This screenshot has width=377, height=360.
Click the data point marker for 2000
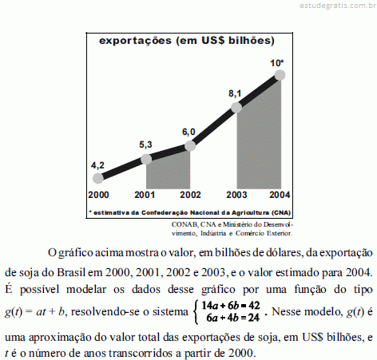[x=98, y=178]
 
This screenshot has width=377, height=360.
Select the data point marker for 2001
[x=146, y=160]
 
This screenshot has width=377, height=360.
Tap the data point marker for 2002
[x=190, y=146]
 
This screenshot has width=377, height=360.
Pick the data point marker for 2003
[x=236, y=108]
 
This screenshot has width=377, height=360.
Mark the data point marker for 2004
[x=280, y=75]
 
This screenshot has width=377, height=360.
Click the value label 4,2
[x=97, y=165]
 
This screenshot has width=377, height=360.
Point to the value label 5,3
[x=145, y=144]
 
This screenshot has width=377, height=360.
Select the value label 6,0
[x=188, y=132]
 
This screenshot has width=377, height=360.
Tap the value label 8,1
[x=235, y=93]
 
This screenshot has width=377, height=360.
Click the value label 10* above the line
[x=277, y=63]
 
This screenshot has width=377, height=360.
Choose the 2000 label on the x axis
[x=98, y=195]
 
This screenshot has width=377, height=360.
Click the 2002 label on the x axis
[x=190, y=195]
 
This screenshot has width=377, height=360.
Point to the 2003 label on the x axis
[x=236, y=195]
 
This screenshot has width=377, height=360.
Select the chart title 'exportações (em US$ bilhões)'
[x=187, y=41]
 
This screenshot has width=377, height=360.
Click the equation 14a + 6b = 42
[x=231, y=306]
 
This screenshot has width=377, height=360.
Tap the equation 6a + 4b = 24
[x=232, y=318]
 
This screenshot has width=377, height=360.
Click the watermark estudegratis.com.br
[x=338, y=6]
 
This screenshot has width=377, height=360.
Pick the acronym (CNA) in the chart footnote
[x=281, y=212]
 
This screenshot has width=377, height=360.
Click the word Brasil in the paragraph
[x=71, y=272]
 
